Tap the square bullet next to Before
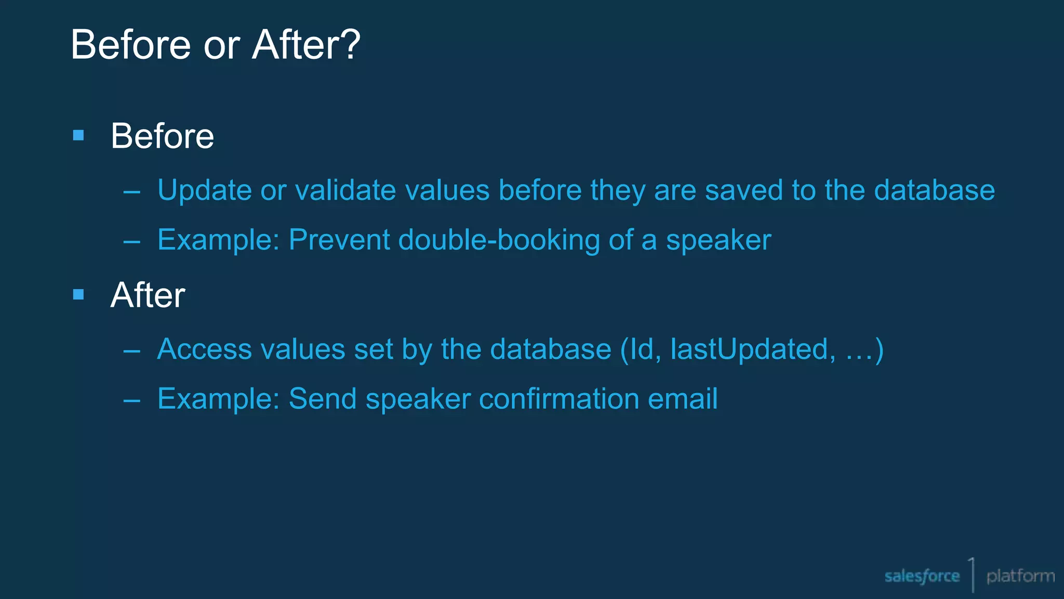(x=78, y=136)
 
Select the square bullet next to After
(x=78, y=295)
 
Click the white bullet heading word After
(x=148, y=295)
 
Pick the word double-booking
(x=499, y=240)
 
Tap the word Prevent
(x=339, y=240)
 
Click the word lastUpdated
(x=753, y=349)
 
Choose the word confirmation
(x=559, y=399)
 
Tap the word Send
(x=322, y=399)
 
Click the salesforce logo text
(x=922, y=576)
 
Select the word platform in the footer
(x=1020, y=576)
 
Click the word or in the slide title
(x=221, y=46)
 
